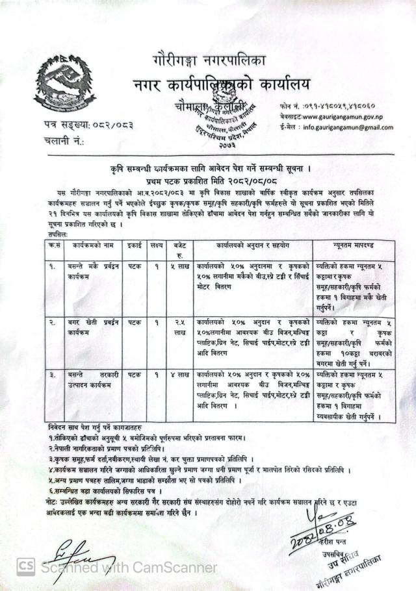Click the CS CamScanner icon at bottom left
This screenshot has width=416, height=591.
26,567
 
